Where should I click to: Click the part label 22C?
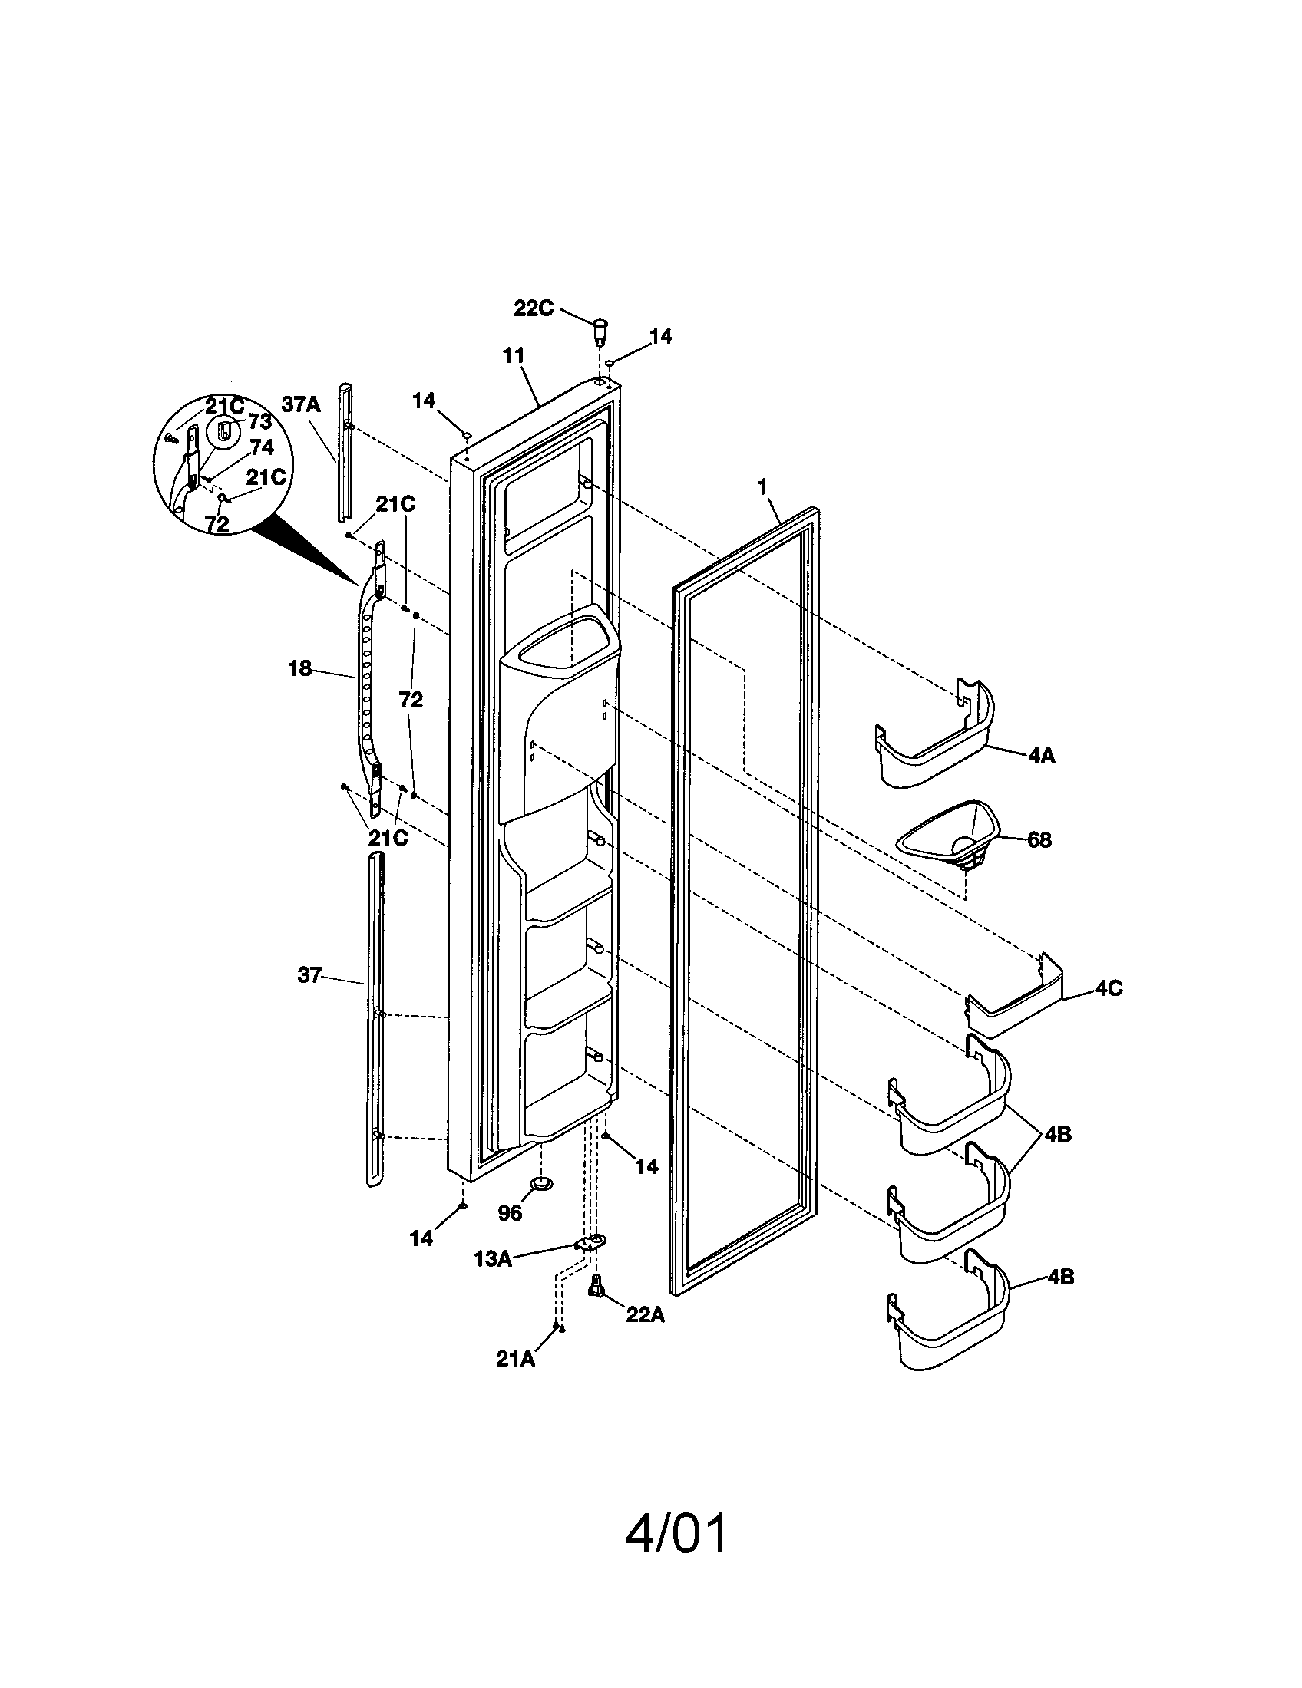pyautogui.click(x=534, y=308)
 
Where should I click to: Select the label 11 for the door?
pyautogui.click(x=513, y=355)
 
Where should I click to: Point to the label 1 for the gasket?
pyautogui.click(x=762, y=487)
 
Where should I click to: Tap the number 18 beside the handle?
pyautogui.click(x=300, y=668)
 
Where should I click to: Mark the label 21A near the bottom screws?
pyautogui.click(x=515, y=1359)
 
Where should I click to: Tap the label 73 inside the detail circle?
pyautogui.click(x=259, y=421)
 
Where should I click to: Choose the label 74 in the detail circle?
pyautogui.click(x=262, y=447)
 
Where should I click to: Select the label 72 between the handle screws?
pyautogui.click(x=411, y=701)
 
